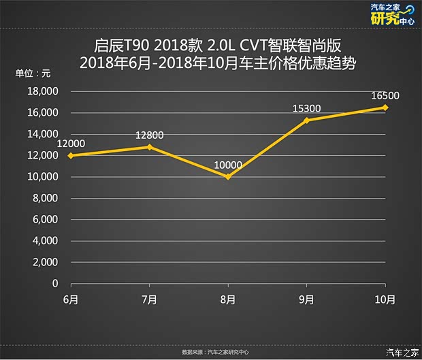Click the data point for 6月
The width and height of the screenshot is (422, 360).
pyautogui.click(x=71, y=155)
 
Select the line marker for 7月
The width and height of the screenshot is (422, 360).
pyautogui.click(x=150, y=146)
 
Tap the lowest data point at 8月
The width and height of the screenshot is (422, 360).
pyautogui.click(x=228, y=176)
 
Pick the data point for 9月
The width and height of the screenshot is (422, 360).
pyautogui.click(x=306, y=120)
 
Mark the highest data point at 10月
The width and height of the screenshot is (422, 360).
pyautogui.click(x=385, y=107)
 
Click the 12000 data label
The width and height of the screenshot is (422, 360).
pyautogui.click(x=71, y=143)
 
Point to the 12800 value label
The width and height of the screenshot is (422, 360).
pyautogui.click(x=150, y=135)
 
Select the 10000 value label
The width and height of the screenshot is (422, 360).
pyautogui.click(x=228, y=165)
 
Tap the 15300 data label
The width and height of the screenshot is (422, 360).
pyautogui.click(x=307, y=108)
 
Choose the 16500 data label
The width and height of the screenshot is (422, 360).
pyautogui.click(x=385, y=95)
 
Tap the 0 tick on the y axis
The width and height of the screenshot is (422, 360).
pyautogui.click(x=55, y=284)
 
